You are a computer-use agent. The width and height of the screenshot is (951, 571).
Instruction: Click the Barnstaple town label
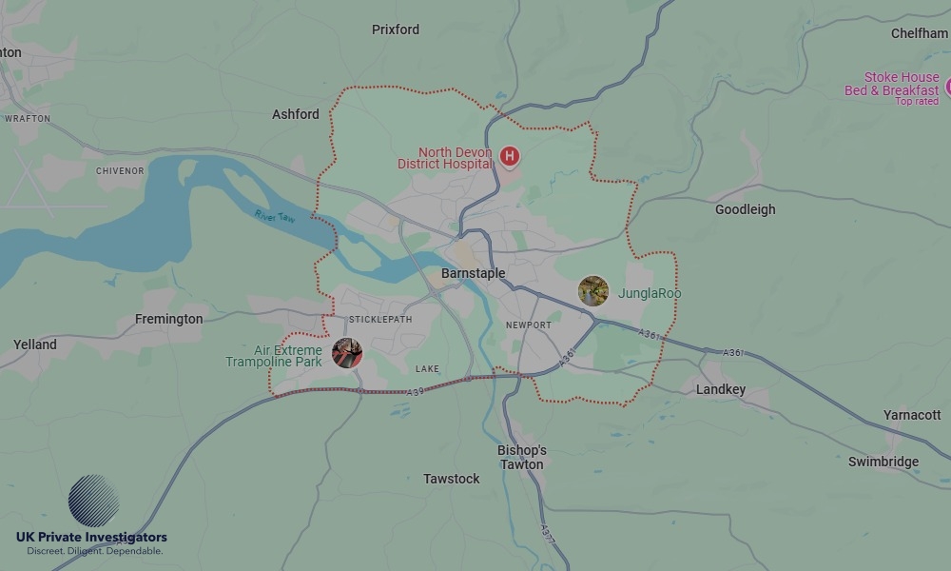pos(473,273)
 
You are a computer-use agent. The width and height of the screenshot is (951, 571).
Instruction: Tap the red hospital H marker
pos(510,155)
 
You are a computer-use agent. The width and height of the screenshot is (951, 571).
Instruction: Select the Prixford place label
pos(395,30)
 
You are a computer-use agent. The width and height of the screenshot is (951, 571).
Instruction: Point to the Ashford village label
pos(296,114)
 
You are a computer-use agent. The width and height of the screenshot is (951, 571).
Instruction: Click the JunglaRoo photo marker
pos(593,291)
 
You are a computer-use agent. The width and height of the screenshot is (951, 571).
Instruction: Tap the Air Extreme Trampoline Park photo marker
pos(347,353)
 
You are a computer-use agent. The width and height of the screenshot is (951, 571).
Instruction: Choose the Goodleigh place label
pos(745,209)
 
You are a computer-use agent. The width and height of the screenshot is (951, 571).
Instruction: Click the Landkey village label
pos(720,389)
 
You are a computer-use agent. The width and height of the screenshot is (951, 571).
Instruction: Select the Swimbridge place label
pos(883,462)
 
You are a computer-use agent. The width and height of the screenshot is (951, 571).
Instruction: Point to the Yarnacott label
pos(912,415)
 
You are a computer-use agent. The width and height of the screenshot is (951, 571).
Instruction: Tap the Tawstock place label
pos(452,479)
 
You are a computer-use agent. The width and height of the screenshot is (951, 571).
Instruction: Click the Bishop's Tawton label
pos(522,457)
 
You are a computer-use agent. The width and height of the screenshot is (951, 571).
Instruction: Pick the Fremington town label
pos(168,319)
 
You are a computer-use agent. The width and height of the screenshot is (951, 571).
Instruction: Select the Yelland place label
pos(35,345)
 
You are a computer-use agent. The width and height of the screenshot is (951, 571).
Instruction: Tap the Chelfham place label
pos(920,33)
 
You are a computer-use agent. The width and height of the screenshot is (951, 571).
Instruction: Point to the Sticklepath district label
pos(380,319)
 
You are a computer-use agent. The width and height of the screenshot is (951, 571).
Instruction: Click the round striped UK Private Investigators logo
pos(94,502)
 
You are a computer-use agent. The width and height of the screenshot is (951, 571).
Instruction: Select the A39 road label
pos(414,392)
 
